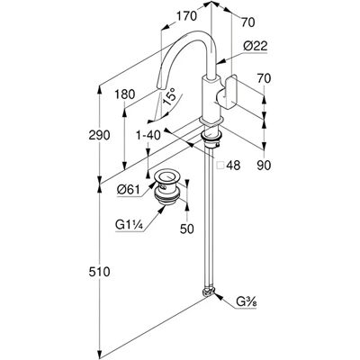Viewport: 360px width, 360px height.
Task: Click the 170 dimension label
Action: [x=186, y=16]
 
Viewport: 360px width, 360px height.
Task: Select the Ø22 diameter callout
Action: [x=256, y=46]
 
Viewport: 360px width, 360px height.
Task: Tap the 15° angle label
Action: [x=169, y=96]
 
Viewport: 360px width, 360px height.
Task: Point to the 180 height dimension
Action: [x=125, y=94]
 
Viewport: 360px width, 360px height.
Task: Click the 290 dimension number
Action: [x=99, y=135]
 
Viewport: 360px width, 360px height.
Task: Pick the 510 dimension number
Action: [x=99, y=272]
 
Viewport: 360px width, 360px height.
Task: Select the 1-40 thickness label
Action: [x=148, y=135]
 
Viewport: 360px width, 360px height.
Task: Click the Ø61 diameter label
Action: [x=129, y=190]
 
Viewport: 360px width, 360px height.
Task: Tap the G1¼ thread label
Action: [x=129, y=224]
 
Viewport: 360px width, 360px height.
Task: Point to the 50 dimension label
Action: [x=187, y=229]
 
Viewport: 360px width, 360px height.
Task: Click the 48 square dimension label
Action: [x=233, y=165]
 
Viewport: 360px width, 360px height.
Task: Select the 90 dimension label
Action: [x=264, y=165]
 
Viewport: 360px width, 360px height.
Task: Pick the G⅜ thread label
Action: [x=247, y=302]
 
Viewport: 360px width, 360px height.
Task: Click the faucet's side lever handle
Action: [x=228, y=94]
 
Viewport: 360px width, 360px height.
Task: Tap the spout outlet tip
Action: [x=158, y=86]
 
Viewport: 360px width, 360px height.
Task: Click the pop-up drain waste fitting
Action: [x=168, y=187]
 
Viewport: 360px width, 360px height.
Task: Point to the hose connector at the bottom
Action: [x=209, y=292]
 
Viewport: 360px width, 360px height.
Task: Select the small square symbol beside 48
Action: [x=220, y=166]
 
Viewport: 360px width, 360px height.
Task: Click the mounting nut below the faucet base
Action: [x=211, y=137]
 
